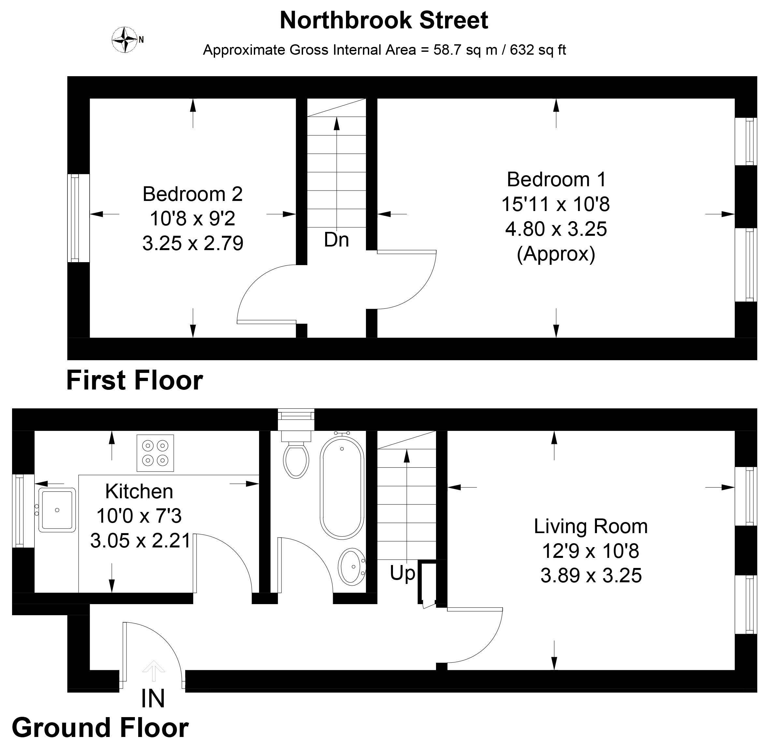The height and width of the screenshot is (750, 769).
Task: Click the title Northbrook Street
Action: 384,20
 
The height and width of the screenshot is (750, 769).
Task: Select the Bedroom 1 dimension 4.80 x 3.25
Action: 556,229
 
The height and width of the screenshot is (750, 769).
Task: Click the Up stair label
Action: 402,574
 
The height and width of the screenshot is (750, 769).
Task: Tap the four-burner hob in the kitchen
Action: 155,453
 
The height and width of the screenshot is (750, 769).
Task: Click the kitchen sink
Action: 57,510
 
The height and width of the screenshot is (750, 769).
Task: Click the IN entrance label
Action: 153,699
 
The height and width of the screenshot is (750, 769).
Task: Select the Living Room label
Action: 591,526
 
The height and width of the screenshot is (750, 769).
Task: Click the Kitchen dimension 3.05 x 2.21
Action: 140,541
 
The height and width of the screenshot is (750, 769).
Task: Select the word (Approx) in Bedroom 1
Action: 556,254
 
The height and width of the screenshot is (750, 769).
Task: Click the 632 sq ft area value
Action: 538,50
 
